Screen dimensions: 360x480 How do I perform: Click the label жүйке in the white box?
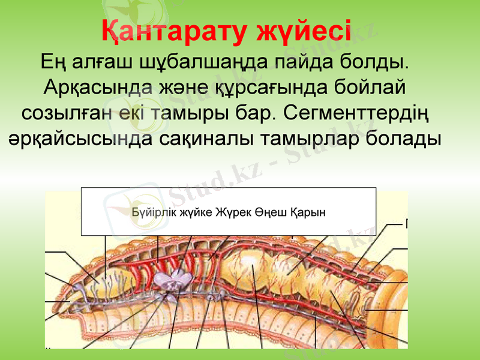pyautogui.click(x=188, y=212)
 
